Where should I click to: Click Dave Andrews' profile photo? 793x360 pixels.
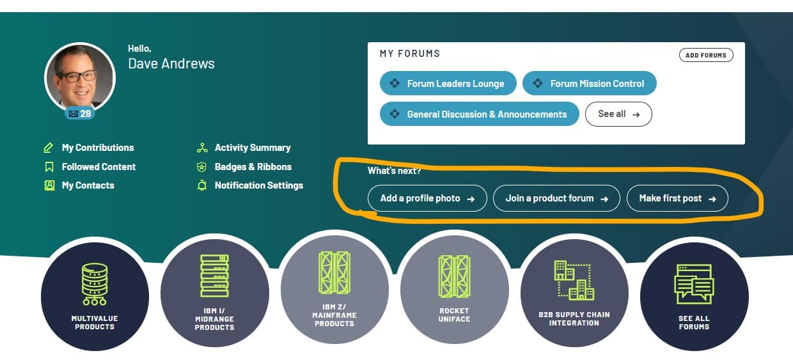coord(80,77)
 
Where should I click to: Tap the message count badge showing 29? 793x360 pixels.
coord(80,114)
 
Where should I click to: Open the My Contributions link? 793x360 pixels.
coord(97,148)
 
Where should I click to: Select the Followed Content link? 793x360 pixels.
coord(98,167)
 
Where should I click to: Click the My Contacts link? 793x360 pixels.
coord(88,185)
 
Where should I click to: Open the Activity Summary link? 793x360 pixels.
coord(252,148)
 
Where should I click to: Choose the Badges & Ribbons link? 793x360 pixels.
coord(253,167)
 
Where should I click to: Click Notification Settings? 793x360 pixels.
coord(258,185)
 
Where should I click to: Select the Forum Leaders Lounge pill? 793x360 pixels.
coord(448,84)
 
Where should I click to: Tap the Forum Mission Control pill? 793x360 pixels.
coord(589,84)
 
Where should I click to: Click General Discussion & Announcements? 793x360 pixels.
coord(479,114)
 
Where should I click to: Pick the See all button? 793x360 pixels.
coord(618,114)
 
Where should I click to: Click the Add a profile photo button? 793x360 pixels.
coord(427,198)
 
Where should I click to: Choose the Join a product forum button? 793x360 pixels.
coord(556,198)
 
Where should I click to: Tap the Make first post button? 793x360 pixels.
coord(677,198)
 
